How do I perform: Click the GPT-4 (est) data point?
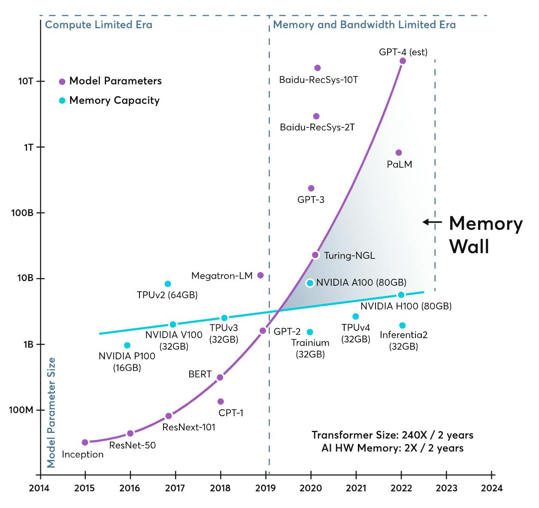tap(403, 61)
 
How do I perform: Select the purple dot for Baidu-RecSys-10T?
tap(318, 68)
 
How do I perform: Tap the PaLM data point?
tap(399, 153)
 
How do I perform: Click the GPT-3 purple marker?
tap(311, 188)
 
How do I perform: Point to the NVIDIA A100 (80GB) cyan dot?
tap(310, 283)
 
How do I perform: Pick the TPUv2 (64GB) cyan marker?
tap(168, 284)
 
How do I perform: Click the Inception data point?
tap(85, 442)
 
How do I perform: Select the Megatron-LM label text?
tap(222, 276)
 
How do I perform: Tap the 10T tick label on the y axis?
tap(26, 81)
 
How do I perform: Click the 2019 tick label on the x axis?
tap(266, 488)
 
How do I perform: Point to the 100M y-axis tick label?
tap(21, 410)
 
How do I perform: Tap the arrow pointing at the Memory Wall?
tap(432, 222)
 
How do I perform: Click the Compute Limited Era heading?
tap(99, 24)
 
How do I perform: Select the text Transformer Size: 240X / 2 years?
tap(392, 435)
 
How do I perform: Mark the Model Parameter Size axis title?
tap(51, 412)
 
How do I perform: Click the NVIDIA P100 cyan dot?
tap(127, 345)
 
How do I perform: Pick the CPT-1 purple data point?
tap(221, 402)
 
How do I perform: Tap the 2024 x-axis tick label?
tap(491, 488)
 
